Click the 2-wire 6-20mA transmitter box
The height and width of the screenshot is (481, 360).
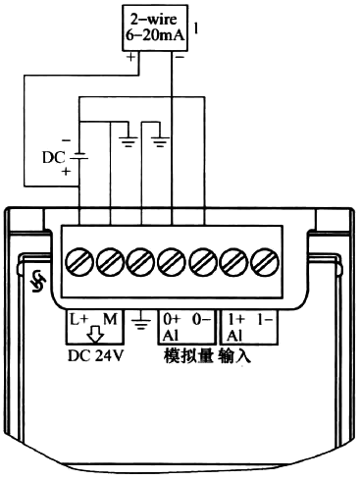coord(156,26)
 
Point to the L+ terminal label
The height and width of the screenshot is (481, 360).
coord(78,319)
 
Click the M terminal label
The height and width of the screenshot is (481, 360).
coord(110,319)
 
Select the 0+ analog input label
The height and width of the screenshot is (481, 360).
coord(171,319)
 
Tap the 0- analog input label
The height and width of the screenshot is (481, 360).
coord(200,319)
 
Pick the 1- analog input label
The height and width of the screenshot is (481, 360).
coord(262,319)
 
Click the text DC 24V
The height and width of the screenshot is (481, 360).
coord(94,355)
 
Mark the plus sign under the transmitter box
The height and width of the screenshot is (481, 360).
coord(129,58)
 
